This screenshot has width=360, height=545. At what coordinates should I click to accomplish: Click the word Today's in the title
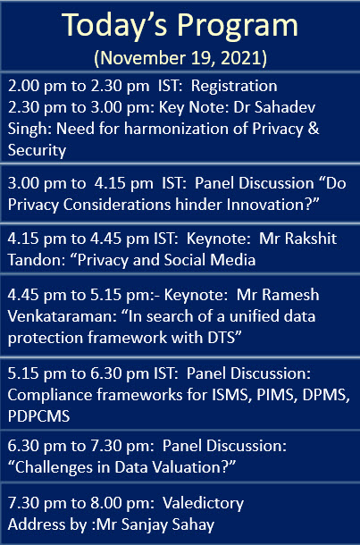tap(115, 25)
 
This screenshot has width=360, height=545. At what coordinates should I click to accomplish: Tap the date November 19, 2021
tap(180, 58)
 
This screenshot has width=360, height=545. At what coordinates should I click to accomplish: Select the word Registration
tap(234, 87)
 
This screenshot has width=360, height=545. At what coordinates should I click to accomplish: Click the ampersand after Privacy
tap(314, 129)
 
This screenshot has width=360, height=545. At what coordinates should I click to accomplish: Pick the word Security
tap(37, 151)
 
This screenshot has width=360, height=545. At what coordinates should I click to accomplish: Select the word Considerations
tap(117, 205)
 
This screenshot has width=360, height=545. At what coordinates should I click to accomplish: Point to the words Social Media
tap(210, 260)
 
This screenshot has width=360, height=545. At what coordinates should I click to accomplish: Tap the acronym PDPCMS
tap(38, 416)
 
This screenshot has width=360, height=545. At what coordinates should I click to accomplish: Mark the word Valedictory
tap(204, 504)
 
